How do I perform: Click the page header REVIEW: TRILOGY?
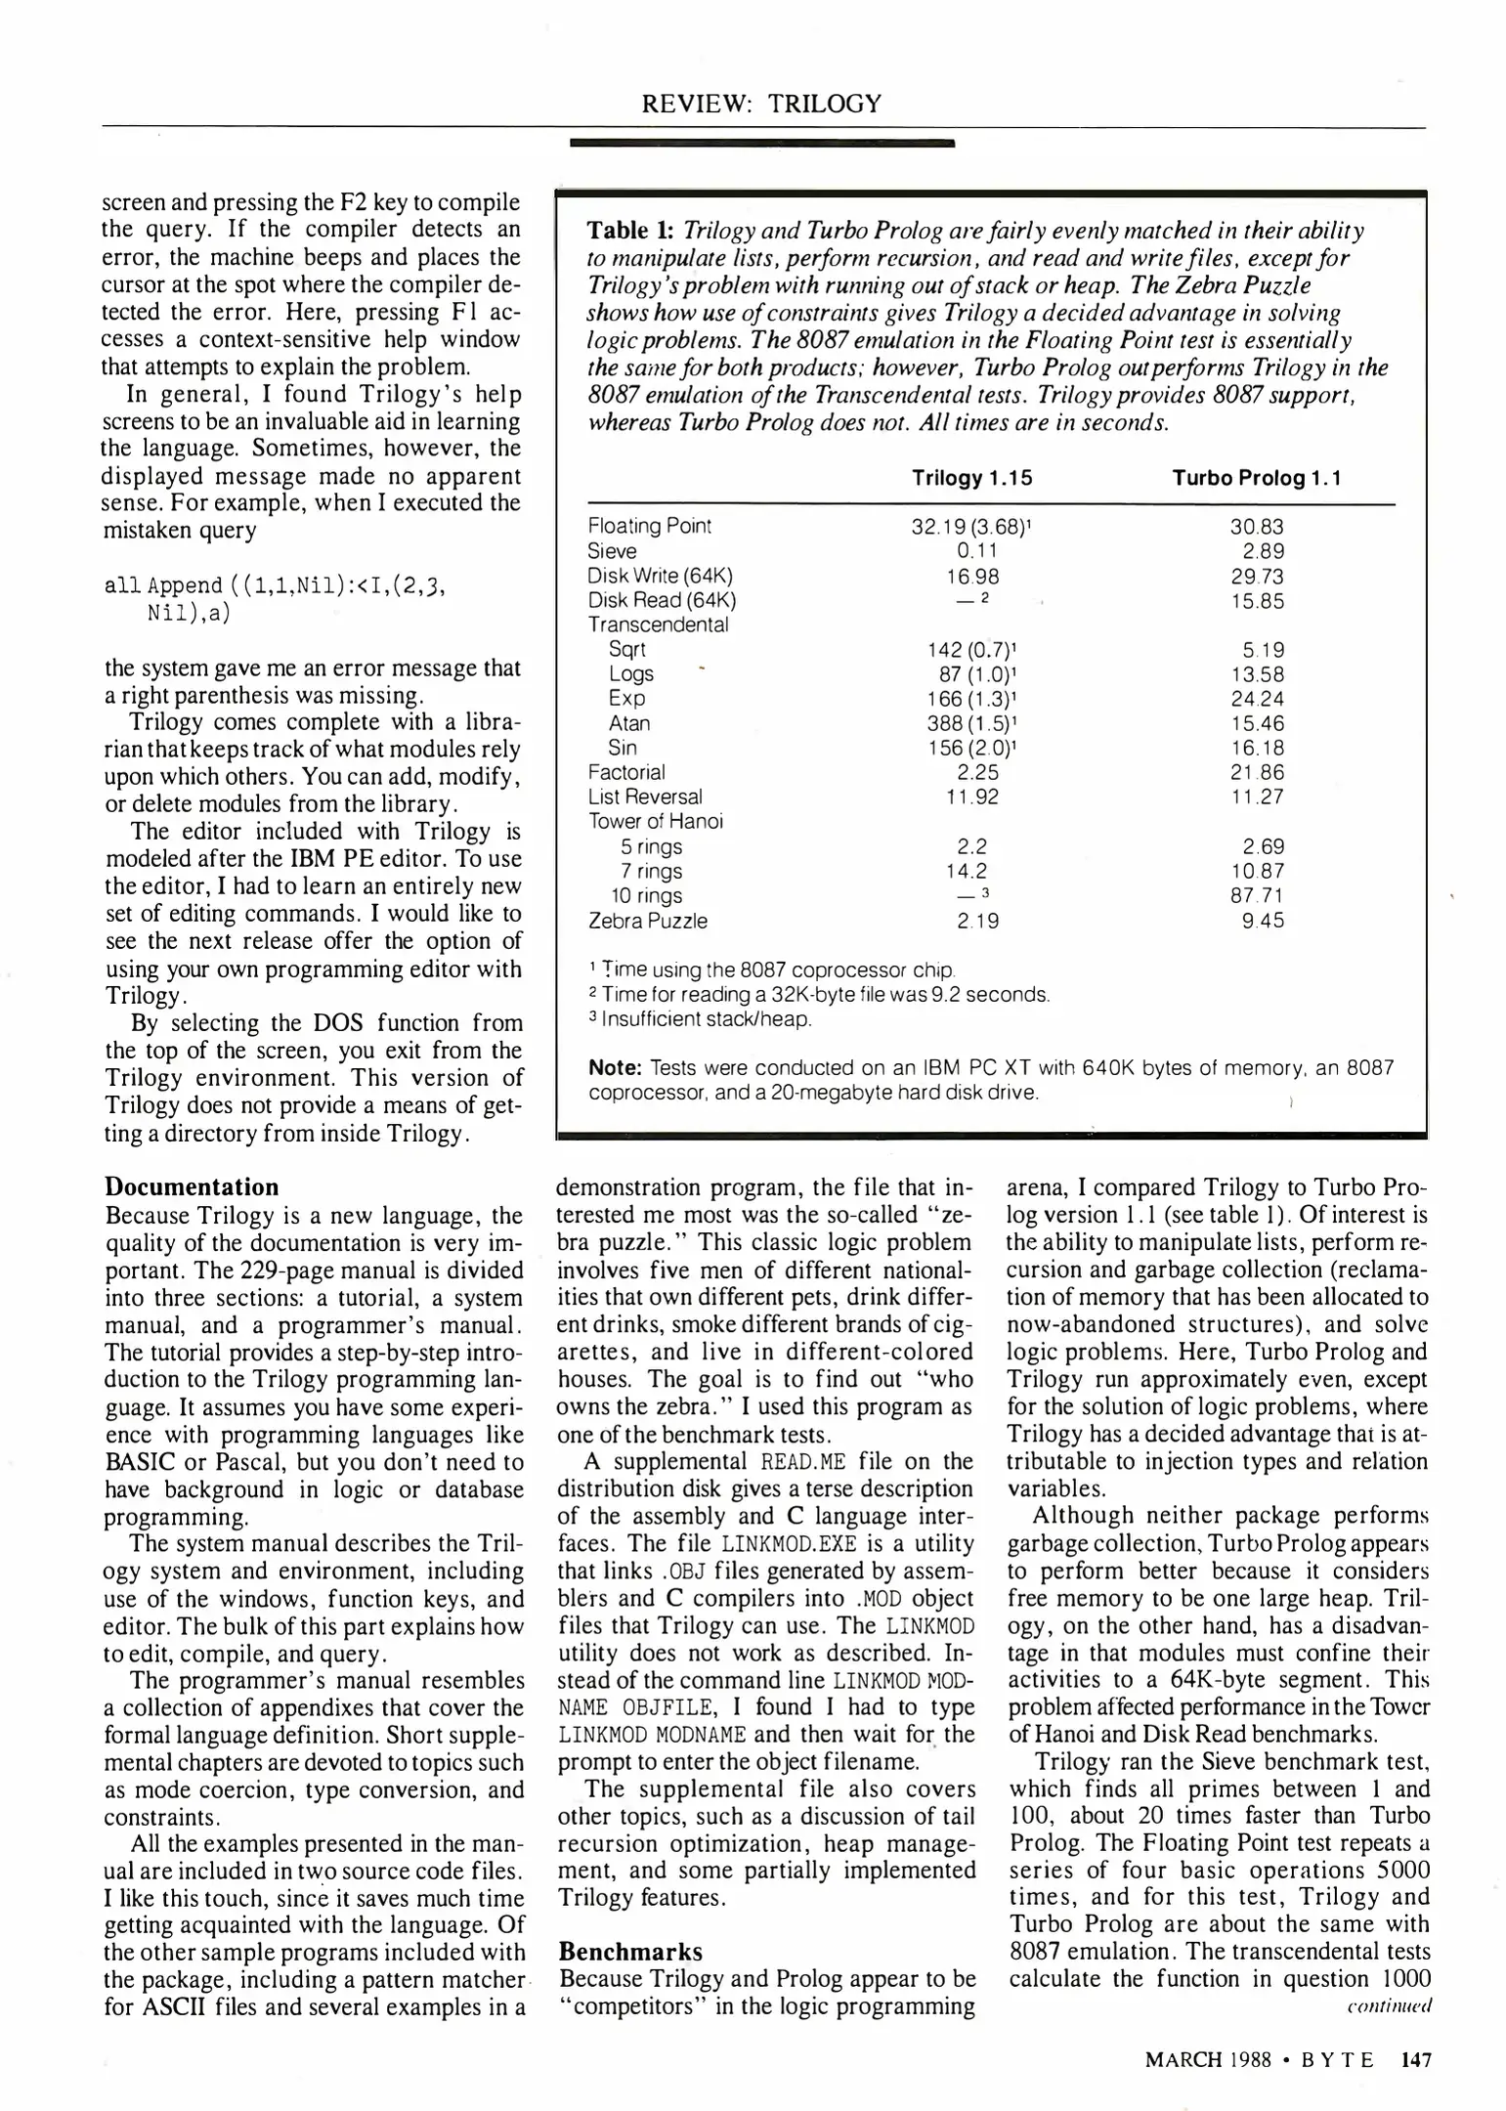coord(761,104)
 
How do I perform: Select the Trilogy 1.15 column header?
coord(971,478)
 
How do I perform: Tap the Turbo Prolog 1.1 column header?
coord(1257,478)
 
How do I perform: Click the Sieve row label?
coord(612,551)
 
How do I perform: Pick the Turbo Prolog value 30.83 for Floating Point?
coord(1257,527)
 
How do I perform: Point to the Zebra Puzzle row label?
coord(647,921)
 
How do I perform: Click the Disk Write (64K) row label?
coord(660,577)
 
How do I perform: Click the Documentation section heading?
coord(192,1187)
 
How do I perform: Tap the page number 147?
coord(1415,2060)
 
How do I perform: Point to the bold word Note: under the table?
coord(615,1068)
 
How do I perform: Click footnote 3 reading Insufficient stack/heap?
coord(700,1019)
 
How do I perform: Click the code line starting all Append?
coord(275,585)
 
